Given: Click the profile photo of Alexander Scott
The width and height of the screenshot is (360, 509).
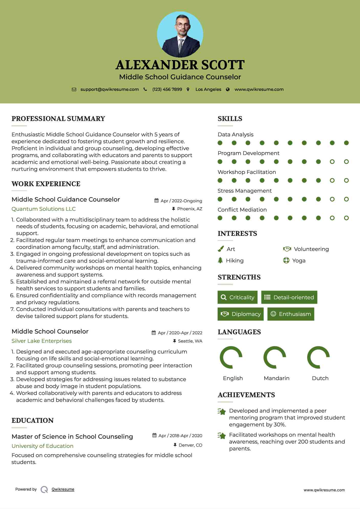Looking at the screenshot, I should pos(180,34).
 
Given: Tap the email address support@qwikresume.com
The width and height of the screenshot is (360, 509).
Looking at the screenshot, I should pos(110,90).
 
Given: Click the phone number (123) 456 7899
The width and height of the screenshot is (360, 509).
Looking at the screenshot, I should pos(167,90).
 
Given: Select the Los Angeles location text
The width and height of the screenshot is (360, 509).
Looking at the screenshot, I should pos(208,90).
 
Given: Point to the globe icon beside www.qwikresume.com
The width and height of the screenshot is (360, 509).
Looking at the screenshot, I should pos(228,90).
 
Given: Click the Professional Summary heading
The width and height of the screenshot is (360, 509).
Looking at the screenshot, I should pos(58,119).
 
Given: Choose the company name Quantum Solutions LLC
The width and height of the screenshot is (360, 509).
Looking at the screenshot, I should pos(43,209).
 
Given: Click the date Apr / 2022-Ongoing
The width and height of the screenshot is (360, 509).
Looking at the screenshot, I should pos(181,201).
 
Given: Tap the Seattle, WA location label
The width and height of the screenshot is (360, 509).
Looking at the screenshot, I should pos(190,341).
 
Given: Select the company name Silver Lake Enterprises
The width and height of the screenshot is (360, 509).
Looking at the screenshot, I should pos(41,341).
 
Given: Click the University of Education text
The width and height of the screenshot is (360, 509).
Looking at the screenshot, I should pos(42,446).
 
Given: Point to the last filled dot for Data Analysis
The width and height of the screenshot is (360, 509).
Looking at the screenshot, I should pos(346,143).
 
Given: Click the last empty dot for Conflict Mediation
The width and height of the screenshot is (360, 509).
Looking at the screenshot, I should pos(346,218).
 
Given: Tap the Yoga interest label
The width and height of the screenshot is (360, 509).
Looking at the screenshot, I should pos(299,261).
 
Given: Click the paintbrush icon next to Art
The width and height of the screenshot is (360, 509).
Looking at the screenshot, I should pos(221,249).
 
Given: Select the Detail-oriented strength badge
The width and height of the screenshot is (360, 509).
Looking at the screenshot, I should pos(289,297).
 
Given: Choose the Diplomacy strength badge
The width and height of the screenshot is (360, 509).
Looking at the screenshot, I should pos(241,314).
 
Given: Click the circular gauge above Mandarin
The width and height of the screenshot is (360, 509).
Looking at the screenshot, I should pos(275,357).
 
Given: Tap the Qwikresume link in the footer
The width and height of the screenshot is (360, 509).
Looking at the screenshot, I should pos(63,489).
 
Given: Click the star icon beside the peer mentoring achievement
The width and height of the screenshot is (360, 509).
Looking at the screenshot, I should pos(222,412).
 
